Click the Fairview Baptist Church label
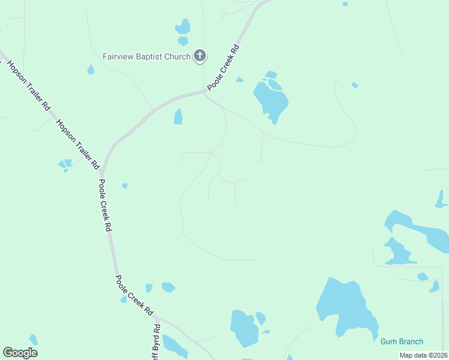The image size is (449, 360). click(x=146, y=56)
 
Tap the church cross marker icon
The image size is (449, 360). click(x=200, y=56)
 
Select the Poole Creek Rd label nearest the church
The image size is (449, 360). click(x=224, y=68)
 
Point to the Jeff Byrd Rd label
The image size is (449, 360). click(x=156, y=342)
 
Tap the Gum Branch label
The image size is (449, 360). click(x=402, y=341)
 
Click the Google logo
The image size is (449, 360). click(x=20, y=353)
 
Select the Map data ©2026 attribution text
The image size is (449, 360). click(x=423, y=355)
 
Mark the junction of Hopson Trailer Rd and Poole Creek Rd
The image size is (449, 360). click(x=102, y=172)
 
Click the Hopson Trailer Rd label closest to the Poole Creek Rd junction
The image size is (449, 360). click(x=77, y=144)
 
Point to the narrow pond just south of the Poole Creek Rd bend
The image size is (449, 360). click(x=178, y=116)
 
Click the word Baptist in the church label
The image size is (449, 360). click(x=145, y=56)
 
